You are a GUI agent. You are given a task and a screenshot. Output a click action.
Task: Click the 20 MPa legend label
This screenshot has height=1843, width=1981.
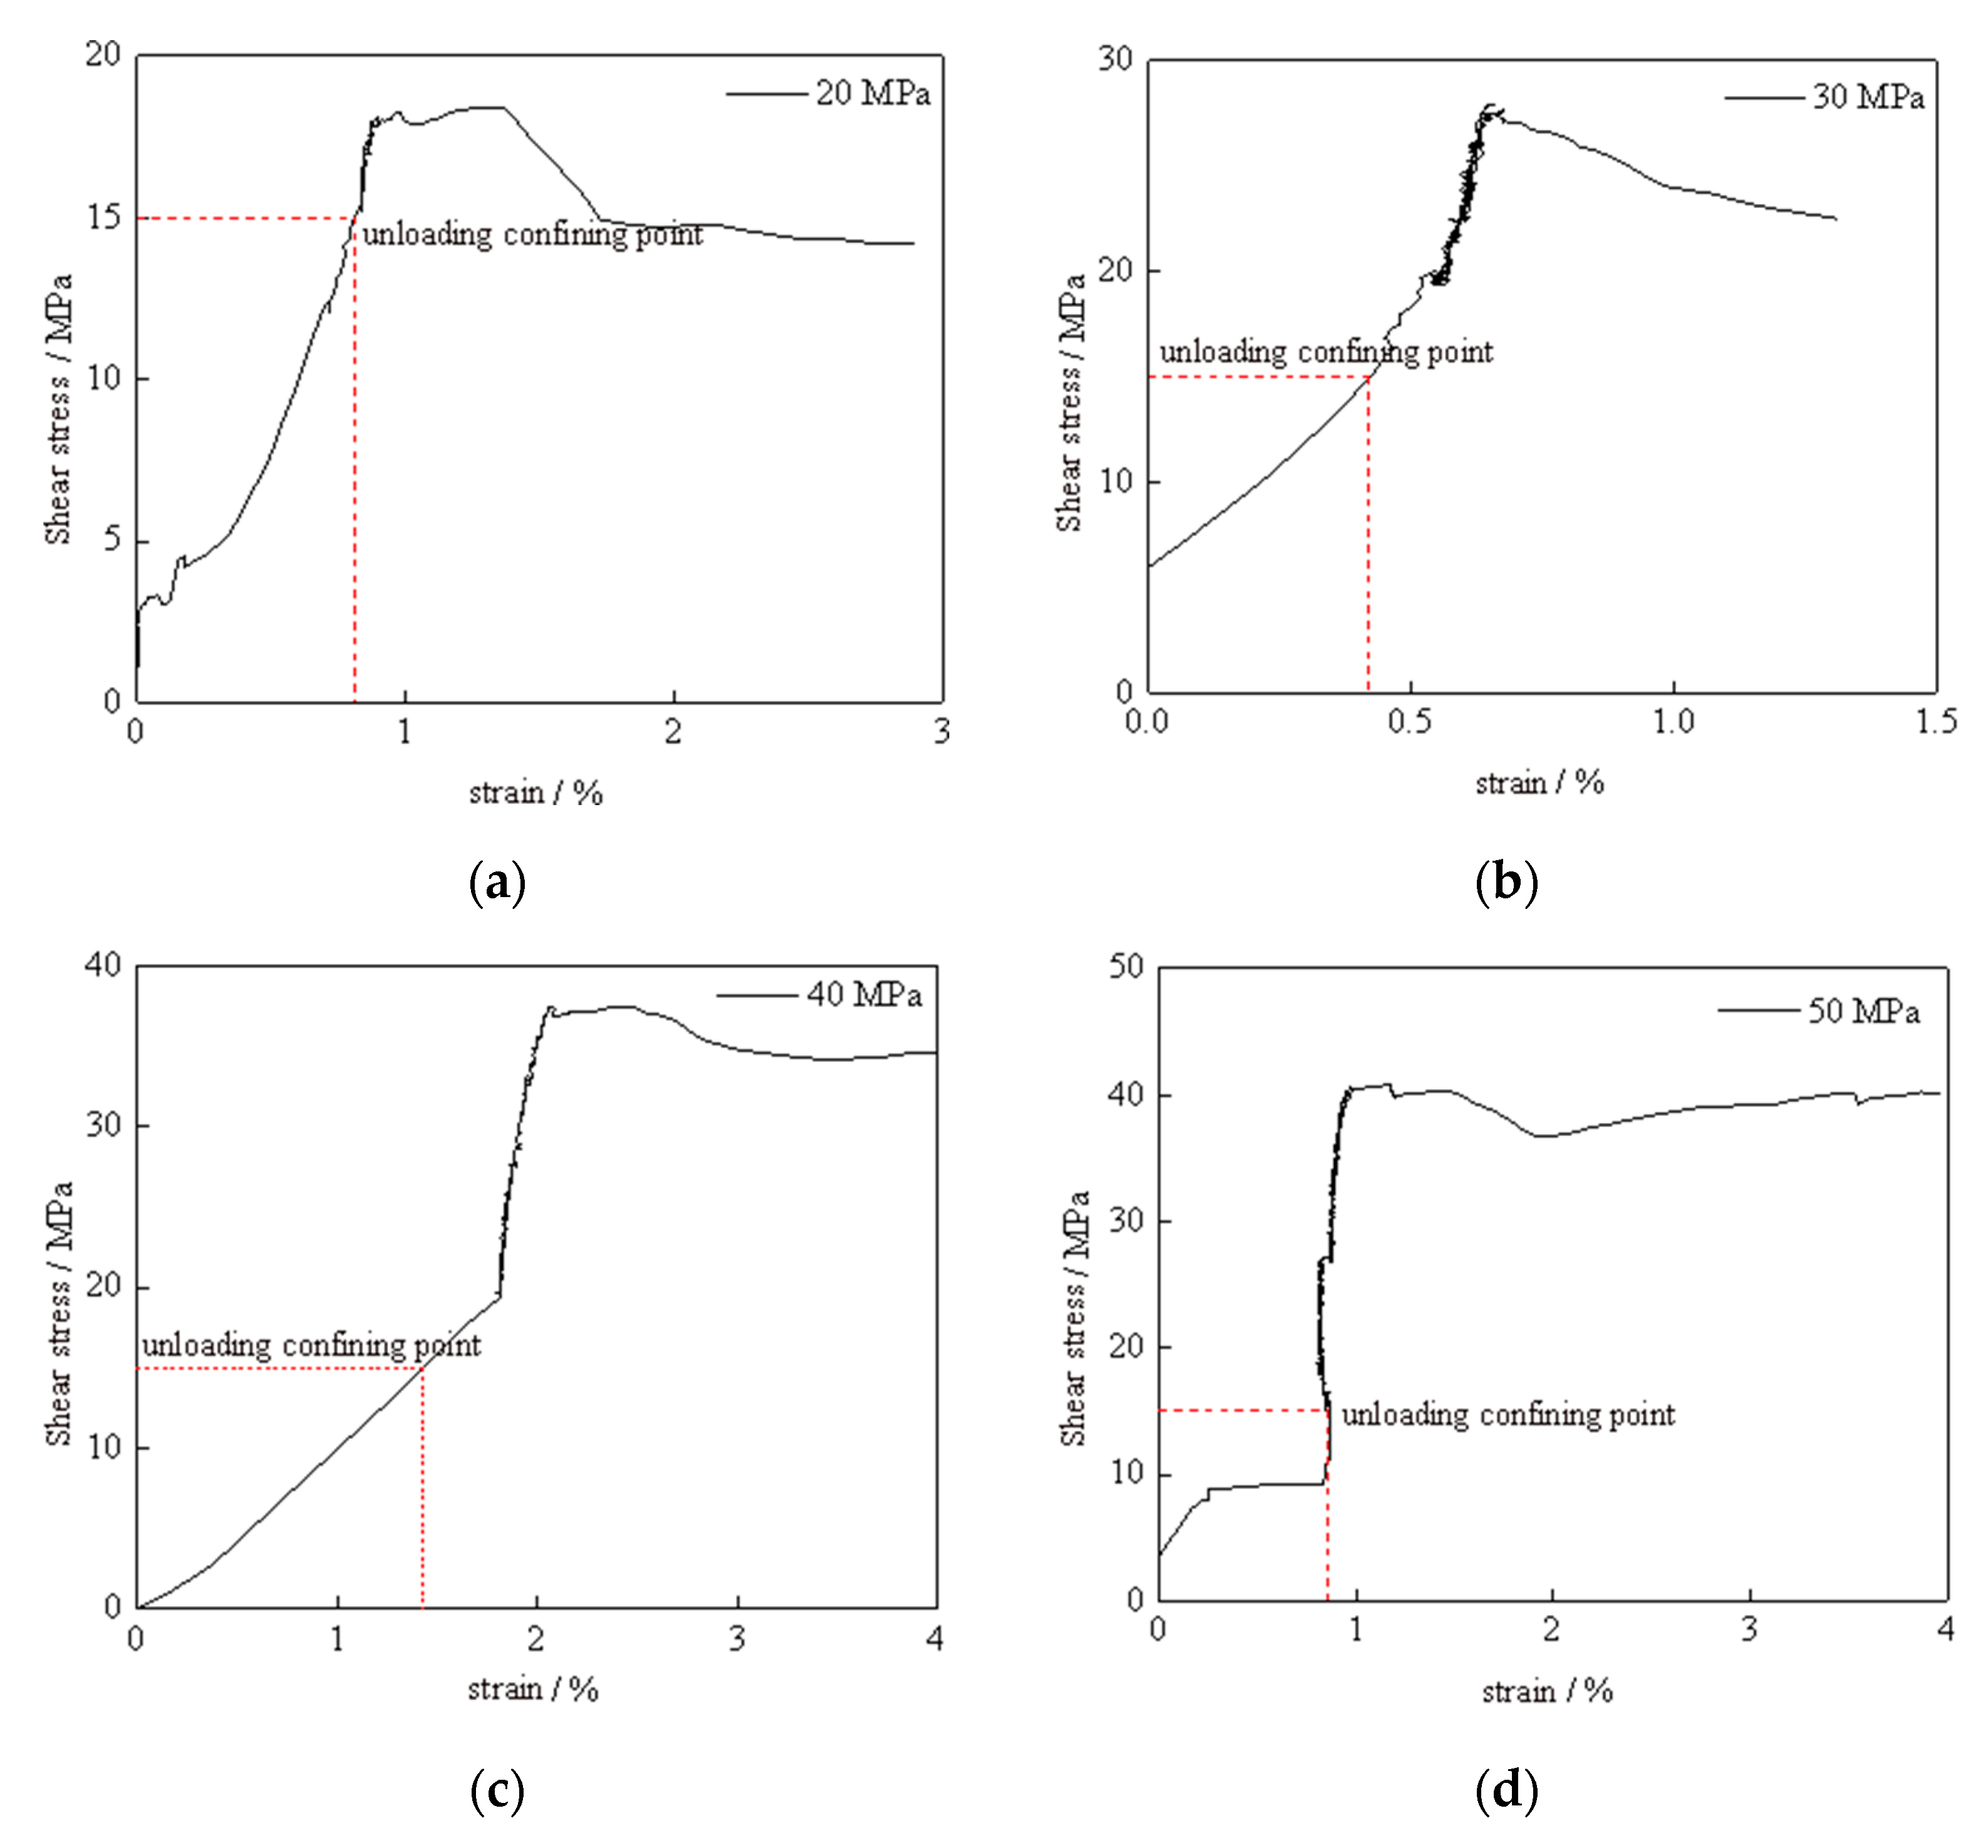click(x=873, y=94)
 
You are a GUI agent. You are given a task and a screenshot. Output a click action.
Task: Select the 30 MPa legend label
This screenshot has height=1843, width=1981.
click(x=1868, y=98)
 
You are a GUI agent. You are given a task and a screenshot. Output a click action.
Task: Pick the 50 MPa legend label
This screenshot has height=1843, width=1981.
click(x=1863, y=1012)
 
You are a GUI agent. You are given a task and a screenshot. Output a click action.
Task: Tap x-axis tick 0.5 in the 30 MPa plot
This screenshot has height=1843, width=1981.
click(x=1410, y=721)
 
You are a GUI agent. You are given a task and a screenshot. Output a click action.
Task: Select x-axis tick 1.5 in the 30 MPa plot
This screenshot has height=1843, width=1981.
click(x=1936, y=721)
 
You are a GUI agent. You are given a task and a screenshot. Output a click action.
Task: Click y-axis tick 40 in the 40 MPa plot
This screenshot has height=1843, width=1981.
click(x=103, y=964)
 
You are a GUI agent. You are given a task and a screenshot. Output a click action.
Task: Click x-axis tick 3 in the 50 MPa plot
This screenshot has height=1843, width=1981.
click(x=1749, y=1629)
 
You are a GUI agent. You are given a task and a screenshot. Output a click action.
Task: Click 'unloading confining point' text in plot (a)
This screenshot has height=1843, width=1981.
click(x=532, y=235)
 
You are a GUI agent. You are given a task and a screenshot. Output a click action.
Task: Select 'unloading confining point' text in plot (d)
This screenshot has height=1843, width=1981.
click(x=1508, y=1415)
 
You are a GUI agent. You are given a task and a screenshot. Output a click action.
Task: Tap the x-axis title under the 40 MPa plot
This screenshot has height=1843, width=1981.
click(x=533, y=1688)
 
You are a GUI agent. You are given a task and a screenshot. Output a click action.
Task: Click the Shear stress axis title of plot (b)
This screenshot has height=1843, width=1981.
click(x=1070, y=403)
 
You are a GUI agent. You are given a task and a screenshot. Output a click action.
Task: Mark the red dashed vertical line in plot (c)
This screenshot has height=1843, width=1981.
click(x=423, y=1494)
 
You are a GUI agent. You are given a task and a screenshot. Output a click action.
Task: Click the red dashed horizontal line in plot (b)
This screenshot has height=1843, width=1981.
click(x=1256, y=377)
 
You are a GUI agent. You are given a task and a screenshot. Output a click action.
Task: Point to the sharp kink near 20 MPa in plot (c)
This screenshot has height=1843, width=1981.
click(x=499, y=1296)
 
